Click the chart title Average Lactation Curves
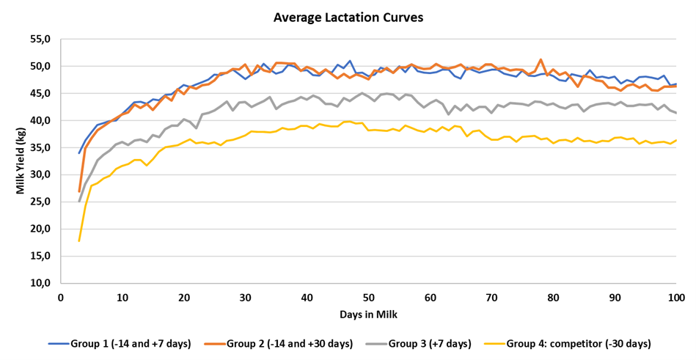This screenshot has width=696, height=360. (x=348, y=16)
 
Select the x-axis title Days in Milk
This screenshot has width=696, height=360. (x=368, y=315)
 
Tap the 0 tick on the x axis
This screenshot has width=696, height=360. (x=61, y=298)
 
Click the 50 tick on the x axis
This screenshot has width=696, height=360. (x=368, y=298)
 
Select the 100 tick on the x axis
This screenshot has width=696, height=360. (x=675, y=298)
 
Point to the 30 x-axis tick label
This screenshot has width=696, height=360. (x=245, y=298)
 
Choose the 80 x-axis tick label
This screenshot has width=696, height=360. (x=553, y=298)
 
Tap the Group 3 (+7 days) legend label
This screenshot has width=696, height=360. (x=430, y=343)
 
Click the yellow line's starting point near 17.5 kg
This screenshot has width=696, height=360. (x=79, y=240)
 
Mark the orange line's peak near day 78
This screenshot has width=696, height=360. (x=541, y=59)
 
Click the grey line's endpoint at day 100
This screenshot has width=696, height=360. (x=675, y=112)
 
